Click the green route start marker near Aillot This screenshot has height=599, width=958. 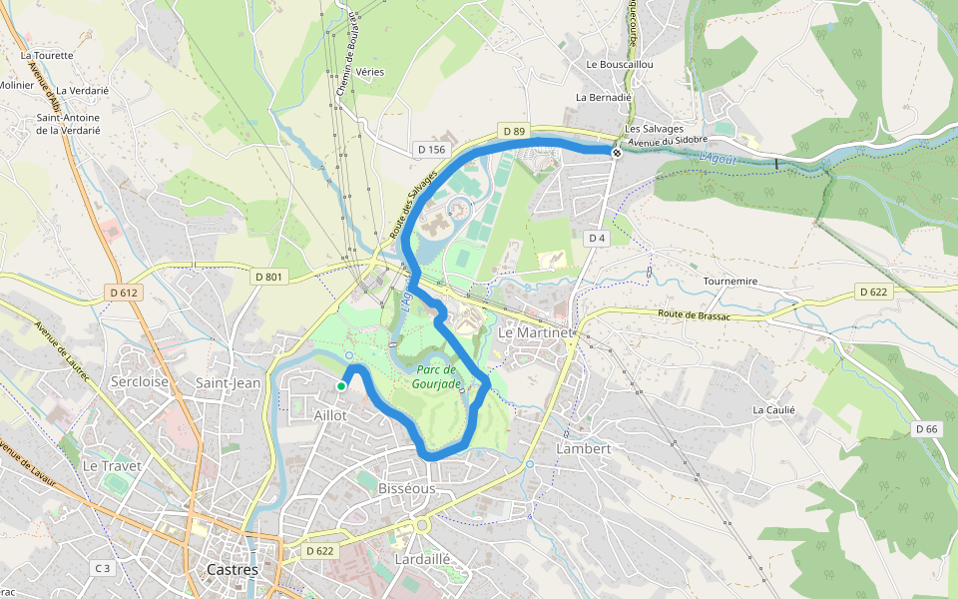[x=341, y=385]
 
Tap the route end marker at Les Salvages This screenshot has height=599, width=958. [x=618, y=152]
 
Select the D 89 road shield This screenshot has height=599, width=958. [x=514, y=131]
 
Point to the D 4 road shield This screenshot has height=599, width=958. [x=597, y=238]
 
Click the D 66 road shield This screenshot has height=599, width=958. [x=926, y=428]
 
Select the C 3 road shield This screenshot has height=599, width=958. [x=102, y=568]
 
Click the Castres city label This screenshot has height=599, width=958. [x=232, y=570]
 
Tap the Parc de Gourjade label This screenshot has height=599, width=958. [x=437, y=376]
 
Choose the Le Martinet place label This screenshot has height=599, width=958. [x=536, y=331]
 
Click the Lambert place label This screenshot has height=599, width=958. [x=583, y=449]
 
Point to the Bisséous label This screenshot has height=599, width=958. [x=407, y=489]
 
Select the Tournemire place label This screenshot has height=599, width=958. [x=732, y=282]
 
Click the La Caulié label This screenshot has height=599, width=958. [x=773, y=409]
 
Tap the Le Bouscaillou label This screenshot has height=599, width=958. [x=619, y=64]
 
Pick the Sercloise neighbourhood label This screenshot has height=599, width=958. [x=140, y=381]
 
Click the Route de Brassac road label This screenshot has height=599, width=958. [x=694, y=315]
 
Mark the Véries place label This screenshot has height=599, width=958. [x=369, y=72]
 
